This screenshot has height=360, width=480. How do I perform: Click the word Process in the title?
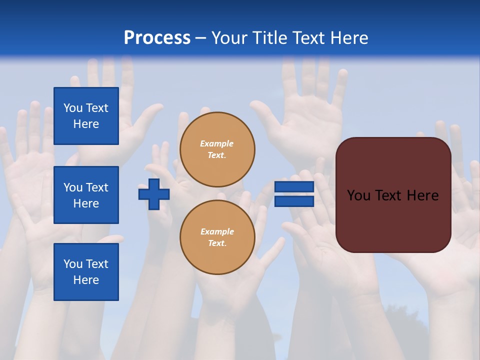[x=157, y=38]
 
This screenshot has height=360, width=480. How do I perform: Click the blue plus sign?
[x=154, y=194]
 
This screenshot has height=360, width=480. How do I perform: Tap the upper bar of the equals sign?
[x=294, y=187]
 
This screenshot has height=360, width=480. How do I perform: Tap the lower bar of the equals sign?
[x=294, y=201]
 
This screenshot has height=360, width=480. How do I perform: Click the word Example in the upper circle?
[x=216, y=143]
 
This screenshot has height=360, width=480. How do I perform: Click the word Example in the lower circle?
[x=217, y=231]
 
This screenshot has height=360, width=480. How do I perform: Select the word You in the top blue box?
[x=73, y=108]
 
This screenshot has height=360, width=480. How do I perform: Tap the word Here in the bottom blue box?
[x=86, y=280]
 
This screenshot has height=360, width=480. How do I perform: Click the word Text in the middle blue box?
[x=96, y=187]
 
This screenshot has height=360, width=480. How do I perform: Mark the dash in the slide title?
[x=200, y=38]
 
